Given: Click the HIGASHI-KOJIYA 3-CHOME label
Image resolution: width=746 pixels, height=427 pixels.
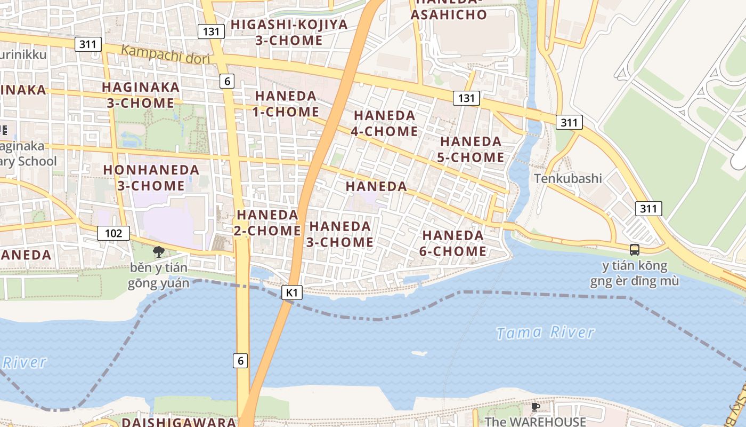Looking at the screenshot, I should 289,32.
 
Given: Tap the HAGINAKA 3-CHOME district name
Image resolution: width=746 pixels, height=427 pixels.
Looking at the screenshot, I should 141,95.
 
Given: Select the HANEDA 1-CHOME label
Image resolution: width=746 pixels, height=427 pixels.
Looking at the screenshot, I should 286,104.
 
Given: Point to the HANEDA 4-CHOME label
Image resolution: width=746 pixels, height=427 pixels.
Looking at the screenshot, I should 384,123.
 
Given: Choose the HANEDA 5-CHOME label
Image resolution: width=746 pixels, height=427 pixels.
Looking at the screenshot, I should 471,149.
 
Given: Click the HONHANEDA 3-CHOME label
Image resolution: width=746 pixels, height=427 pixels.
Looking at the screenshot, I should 151,178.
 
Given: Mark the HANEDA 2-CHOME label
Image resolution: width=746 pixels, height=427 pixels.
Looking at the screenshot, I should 267,223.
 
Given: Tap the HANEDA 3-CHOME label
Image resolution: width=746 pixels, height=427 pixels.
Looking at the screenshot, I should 340,234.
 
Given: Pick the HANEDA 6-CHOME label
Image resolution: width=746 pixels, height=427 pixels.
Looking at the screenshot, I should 453,243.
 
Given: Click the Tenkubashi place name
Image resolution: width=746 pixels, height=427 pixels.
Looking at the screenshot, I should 568,178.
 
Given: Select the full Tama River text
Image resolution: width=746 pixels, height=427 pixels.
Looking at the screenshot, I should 545,333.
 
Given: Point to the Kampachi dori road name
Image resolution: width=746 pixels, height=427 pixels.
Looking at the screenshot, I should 165,55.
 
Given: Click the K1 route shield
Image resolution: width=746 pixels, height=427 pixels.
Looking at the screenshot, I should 291,292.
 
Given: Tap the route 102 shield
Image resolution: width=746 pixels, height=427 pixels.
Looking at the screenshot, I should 113,233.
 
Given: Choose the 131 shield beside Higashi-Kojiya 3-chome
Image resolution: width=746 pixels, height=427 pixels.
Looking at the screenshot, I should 211,31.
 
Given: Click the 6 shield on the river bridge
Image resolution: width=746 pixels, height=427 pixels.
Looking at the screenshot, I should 240,361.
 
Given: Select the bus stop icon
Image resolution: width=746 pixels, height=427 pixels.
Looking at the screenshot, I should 634,249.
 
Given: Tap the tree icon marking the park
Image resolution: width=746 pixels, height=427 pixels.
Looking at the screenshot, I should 158,251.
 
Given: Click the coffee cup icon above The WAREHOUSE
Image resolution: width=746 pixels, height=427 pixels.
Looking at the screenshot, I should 536,407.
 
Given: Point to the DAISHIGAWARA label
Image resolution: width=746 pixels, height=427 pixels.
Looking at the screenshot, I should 179,422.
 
